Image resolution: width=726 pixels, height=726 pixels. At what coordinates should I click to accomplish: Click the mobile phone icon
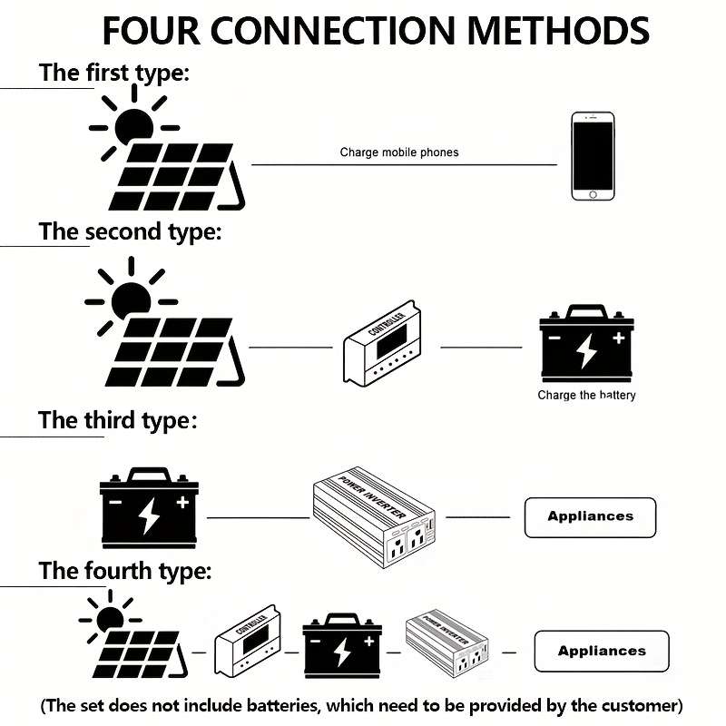pos(593,155)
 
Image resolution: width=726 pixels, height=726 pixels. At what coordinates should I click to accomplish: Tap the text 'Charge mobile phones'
pos(398,152)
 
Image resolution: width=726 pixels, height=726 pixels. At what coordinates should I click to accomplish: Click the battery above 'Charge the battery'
pos(586,346)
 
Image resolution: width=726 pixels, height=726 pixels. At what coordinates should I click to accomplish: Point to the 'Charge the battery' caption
pos(586,396)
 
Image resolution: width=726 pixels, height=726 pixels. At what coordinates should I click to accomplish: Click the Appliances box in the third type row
pos(590,516)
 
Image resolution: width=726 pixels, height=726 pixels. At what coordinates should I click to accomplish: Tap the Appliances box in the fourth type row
pos(601,651)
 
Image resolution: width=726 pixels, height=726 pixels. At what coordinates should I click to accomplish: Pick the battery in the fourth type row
pos(341,646)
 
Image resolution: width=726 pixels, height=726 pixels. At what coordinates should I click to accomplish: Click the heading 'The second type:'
pos(130,231)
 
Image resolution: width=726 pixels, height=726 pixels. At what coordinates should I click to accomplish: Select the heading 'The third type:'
pos(117,420)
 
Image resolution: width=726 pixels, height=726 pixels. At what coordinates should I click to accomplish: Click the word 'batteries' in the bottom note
pos(289,705)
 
